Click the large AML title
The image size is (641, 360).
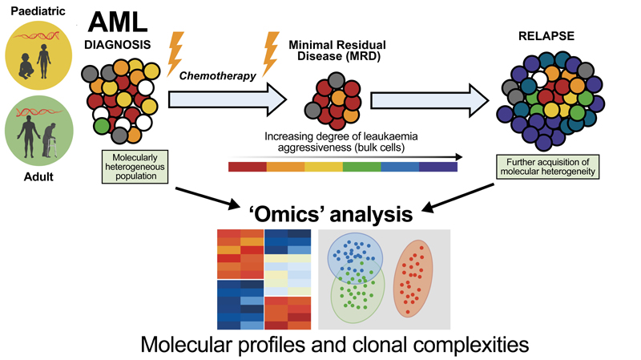pyautogui.click(x=118, y=22)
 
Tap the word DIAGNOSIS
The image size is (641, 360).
pyautogui.click(x=117, y=45)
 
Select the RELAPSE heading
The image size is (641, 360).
pyautogui.click(x=546, y=36)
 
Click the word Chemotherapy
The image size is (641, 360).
pyautogui.click(x=217, y=75)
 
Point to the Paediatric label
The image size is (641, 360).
pyautogui.click(x=38, y=11)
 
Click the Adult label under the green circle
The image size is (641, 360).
pyautogui.click(x=38, y=176)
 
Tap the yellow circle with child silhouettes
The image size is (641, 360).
pyautogui.click(x=38, y=55)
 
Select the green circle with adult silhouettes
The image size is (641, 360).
pyautogui.click(x=38, y=131)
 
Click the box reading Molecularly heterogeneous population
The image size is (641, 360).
pyautogui.click(x=135, y=167)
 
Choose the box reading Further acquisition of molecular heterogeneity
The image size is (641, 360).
pyautogui.click(x=548, y=167)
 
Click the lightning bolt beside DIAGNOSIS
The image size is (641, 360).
pyautogui.click(x=175, y=54)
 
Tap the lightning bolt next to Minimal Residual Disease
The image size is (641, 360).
pyautogui.click(x=271, y=54)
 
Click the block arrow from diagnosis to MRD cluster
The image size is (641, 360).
pyautogui.click(x=228, y=99)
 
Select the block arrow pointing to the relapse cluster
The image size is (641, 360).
pyautogui.click(x=429, y=100)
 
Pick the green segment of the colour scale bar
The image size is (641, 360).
pyautogui.click(x=362, y=167)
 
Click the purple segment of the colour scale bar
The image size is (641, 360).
pyautogui.click(x=438, y=167)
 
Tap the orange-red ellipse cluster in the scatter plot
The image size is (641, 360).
pyautogui.click(x=413, y=278)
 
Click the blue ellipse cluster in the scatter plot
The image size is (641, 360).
pyautogui.click(x=355, y=261)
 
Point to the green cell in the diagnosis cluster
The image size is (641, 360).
pyautogui.click(x=102, y=126)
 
